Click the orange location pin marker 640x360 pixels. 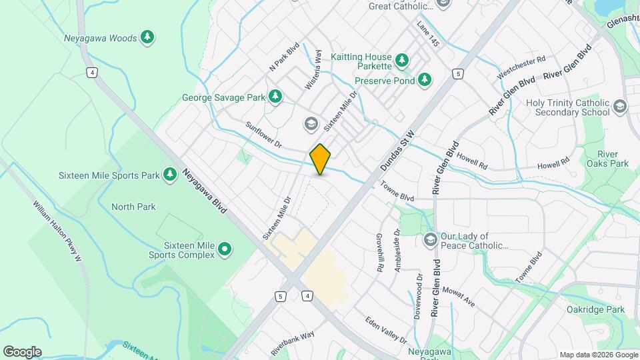pyautogui.click(x=320, y=159)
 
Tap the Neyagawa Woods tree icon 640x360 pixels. pyautogui.click(x=147, y=38)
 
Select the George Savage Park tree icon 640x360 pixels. pyautogui.click(x=275, y=97)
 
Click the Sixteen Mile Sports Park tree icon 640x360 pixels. pyautogui.click(x=171, y=175)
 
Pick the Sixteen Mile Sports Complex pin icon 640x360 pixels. pyautogui.click(x=225, y=250)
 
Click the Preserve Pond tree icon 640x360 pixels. pyautogui.click(x=425, y=81)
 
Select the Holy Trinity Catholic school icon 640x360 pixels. pyautogui.click(x=620, y=107)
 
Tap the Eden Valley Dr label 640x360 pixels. pyautogui.click(x=386, y=331)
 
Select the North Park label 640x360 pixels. pyautogui.click(x=133, y=207)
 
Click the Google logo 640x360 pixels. pyautogui.click(x=22, y=351)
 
